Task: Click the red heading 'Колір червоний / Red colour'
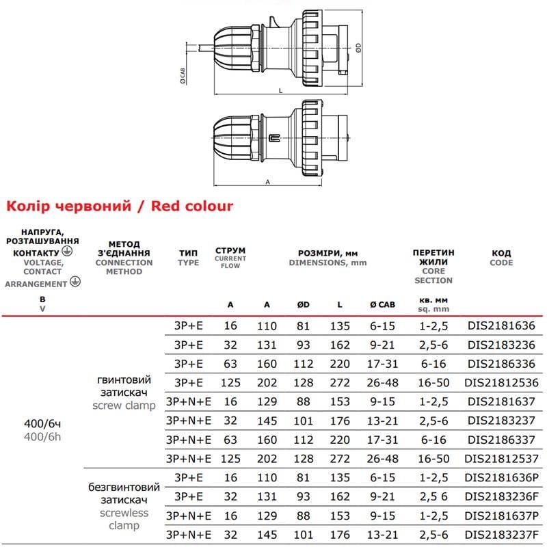pos(119,206)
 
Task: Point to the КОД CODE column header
pos(501,258)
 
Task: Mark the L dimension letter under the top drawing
pos(280,90)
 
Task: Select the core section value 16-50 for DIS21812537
pos(433,457)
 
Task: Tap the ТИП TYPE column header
pos(188,257)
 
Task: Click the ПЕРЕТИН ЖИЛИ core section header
pos(433,266)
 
